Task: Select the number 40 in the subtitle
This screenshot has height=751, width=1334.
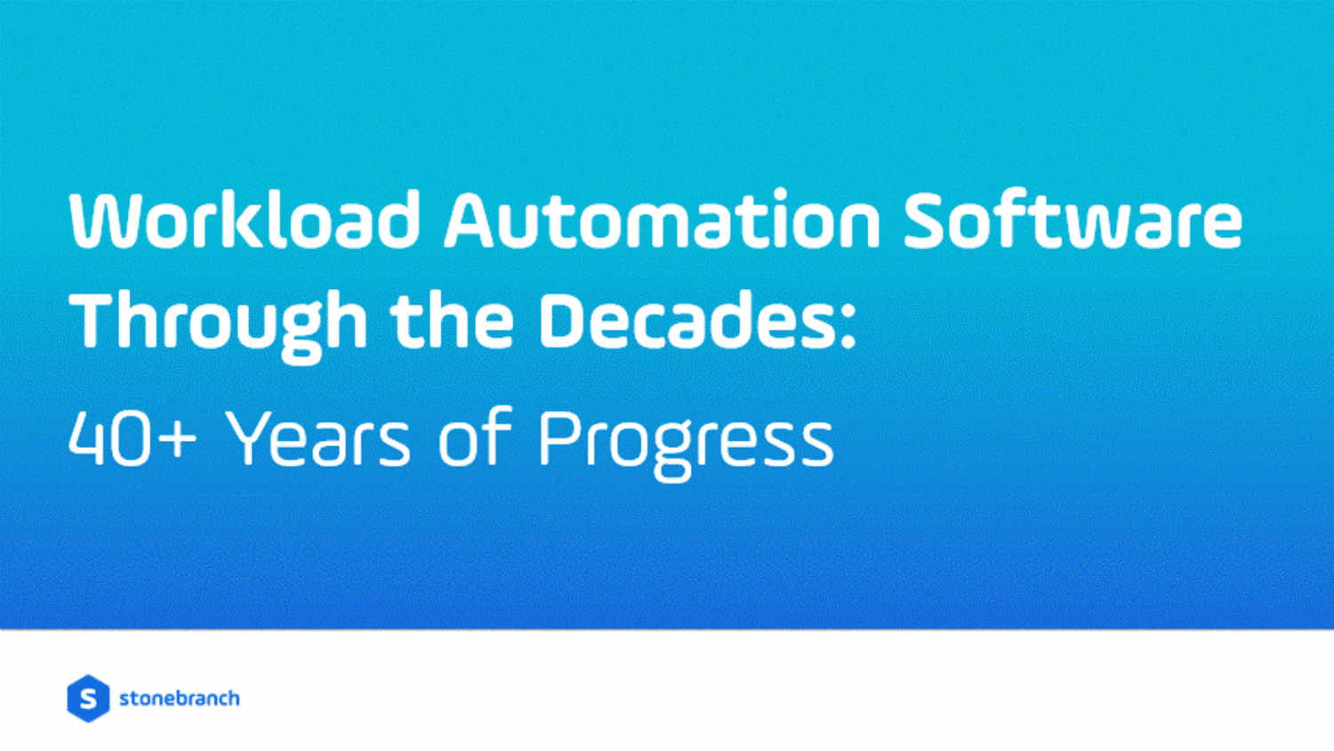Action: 110,439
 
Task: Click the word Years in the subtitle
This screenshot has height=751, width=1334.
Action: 317,437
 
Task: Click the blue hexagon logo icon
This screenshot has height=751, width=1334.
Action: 88,699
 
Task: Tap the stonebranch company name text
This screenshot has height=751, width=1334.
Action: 180,699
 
